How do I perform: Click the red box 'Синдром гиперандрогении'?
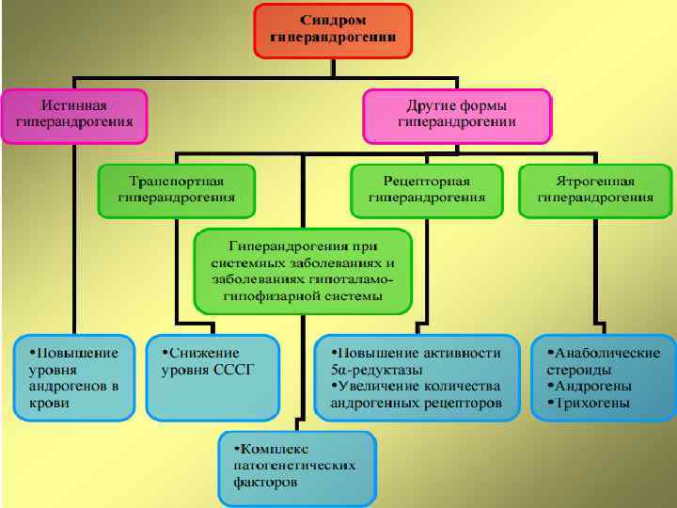point(334,29)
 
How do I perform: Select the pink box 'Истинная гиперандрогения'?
point(73,115)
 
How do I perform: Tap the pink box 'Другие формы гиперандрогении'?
point(457,116)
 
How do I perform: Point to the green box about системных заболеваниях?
point(302,271)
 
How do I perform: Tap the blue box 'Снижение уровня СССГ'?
point(213,377)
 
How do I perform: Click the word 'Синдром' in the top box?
point(334,20)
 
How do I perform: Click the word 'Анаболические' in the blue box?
point(607,353)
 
